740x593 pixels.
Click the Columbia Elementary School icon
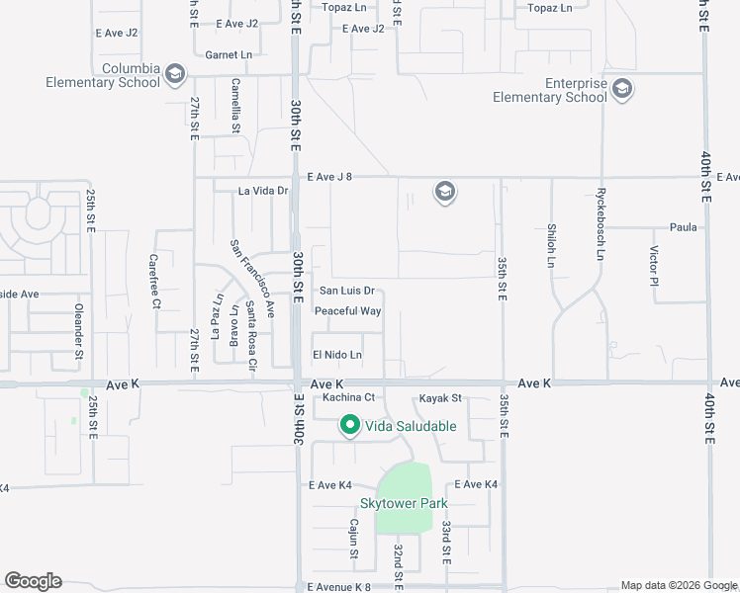click(175, 73)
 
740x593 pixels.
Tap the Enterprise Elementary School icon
click(622, 90)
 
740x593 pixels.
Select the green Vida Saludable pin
click(349, 426)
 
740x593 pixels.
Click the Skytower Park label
click(405, 503)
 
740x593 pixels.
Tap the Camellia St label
click(235, 106)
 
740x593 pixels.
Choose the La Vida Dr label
click(262, 190)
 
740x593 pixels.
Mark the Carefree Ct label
click(154, 282)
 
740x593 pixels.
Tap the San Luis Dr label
click(345, 291)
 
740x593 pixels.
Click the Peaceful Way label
click(347, 311)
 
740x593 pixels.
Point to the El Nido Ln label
click(337, 355)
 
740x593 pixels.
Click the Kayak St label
click(440, 398)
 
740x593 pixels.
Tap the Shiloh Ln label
click(551, 246)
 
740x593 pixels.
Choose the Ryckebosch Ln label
click(600, 223)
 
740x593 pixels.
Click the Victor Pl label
click(654, 266)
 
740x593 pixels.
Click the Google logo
click(33, 581)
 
